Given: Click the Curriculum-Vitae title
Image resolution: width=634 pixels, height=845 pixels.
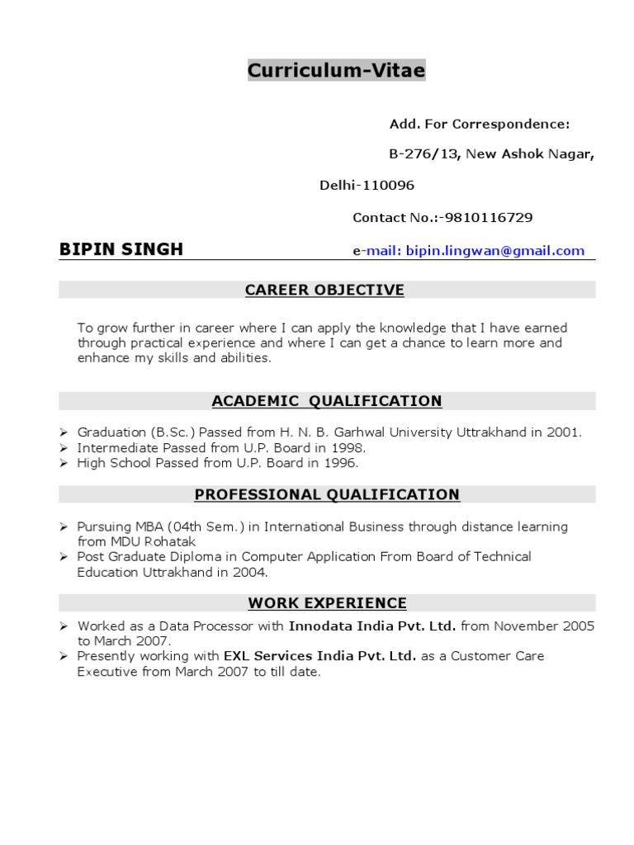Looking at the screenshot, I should pyautogui.click(x=337, y=71).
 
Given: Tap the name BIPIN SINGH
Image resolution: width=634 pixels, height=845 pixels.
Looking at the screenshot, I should pyautogui.click(x=121, y=249).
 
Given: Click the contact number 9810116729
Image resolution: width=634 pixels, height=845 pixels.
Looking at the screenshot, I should pyautogui.click(x=488, y=218).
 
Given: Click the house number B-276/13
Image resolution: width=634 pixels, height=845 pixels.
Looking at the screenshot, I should pyautogui.click(x=423, y=154).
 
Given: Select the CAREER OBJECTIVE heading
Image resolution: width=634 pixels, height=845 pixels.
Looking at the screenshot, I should pyautogui.click(x=324, y=290).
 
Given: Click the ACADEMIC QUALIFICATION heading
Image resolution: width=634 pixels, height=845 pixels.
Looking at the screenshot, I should pyautogui.click(x=327, y=401).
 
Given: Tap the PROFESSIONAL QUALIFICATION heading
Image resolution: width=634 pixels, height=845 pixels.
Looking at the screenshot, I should pyautogui.click(x=327, y=494).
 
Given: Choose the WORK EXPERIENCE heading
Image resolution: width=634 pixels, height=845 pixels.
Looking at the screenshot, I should pyautogui.click(x=327, y=603).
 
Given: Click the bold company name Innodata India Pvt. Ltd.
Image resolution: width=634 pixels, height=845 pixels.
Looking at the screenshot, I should pyautogui.click(x=372, y=626).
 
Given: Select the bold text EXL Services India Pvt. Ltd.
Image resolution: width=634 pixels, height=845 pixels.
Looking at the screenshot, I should pyautogui.click(x=320, y=656).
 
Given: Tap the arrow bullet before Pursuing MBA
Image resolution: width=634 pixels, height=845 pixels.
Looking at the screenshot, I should pyautogui.click(x=64, y=526).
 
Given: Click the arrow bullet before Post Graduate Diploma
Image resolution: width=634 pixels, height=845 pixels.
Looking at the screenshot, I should pyautogui.click(x=64, y=557).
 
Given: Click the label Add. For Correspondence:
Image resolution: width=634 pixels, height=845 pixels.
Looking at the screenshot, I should pyautogui.click(x=480, y=124).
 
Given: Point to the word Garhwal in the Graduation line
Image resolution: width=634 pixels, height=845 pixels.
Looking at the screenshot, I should pyautogui.click(x=362, y=432).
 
